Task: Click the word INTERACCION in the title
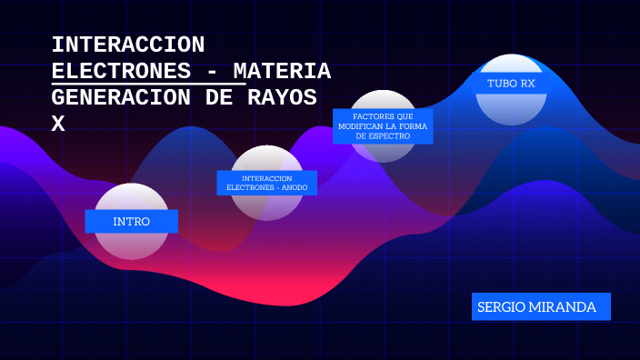[x=128, y=45]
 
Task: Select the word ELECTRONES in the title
[x=121, y=71]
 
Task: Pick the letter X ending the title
[x=58, y=124]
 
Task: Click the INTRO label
[x=131, y=222]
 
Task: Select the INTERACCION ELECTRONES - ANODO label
[x=266, y=183]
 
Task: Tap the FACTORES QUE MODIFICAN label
[x=382, y=125]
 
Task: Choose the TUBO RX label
[x=510, y=83]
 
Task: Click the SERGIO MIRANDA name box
[x=541, y=307]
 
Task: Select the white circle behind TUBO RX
[x=511, y=108]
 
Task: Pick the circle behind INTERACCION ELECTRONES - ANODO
[x=266, y=206]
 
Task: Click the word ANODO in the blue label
[x=293, y=187]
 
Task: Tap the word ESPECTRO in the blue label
[x=391, y=135]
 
